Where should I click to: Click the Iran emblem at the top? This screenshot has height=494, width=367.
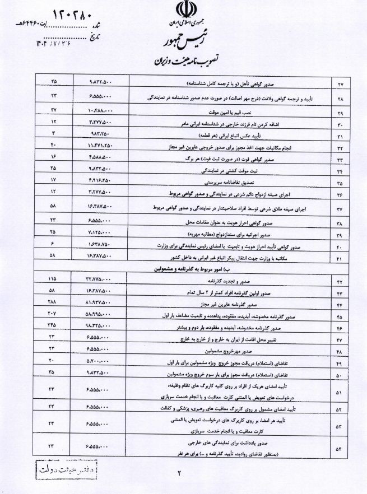(184, 11)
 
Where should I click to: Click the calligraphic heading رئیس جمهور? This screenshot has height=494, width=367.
(184, 40)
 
